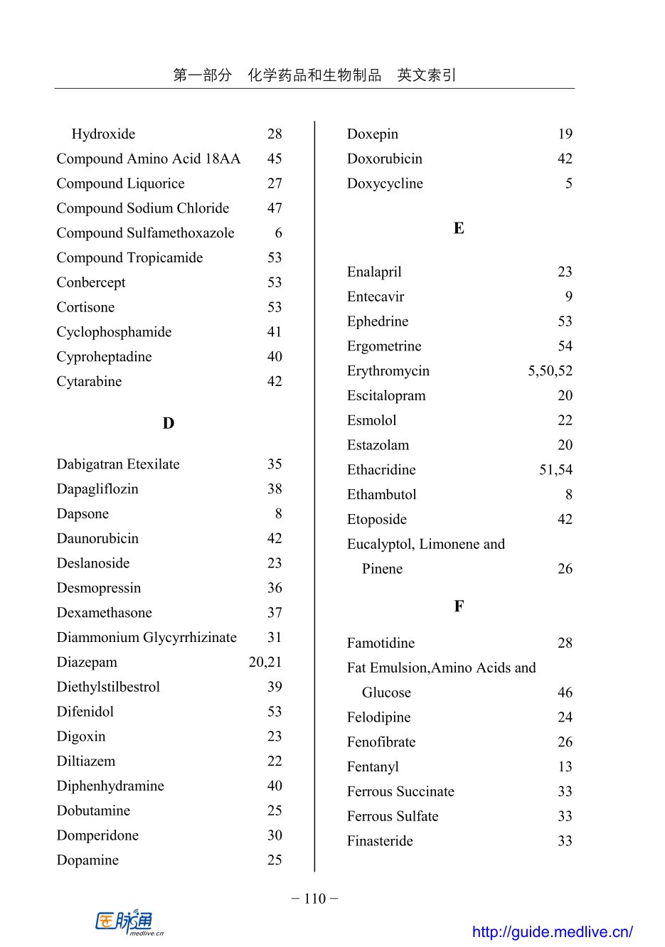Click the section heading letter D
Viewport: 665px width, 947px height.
[x=168, y=424]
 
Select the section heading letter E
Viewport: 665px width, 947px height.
[x=459, y=228]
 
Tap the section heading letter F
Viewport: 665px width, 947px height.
[x=459, y=606]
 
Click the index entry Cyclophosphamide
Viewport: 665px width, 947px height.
[x=114, y=332]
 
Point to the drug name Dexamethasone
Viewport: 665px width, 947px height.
[x=104, y=613]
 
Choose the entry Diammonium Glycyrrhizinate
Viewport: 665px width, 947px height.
[x=147, y=638]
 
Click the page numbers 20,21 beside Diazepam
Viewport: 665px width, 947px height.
[x=265, y=662]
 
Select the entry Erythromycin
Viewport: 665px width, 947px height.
[x=388, y=371]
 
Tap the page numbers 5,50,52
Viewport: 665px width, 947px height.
[x=550, y=371]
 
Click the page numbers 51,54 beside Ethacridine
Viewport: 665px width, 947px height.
[x=555, y=470]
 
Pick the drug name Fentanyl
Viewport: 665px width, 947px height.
[x=373, y=767]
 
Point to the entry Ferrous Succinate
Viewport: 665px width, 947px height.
[x=400, y=792]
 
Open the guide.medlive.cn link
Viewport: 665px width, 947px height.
[x=552, y=932]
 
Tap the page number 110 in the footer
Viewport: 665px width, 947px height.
[x=314, y=899]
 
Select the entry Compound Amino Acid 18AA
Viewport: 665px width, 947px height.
[x=148, y=159]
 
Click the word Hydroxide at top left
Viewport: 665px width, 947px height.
[x=103, y=134]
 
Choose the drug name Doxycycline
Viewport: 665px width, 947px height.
[x=385, y=183]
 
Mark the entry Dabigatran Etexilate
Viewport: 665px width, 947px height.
[x=118, y=464]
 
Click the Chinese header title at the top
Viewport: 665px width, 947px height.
[x=314, y=75]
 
